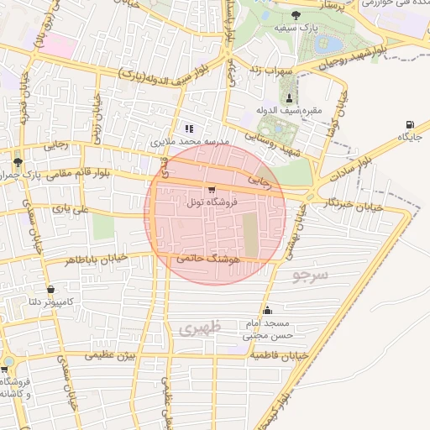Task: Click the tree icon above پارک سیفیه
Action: [295, 15]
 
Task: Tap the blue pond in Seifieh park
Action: [333, 42]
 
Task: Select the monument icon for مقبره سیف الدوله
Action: [290, 98]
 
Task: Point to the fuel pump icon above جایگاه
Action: [410, 124]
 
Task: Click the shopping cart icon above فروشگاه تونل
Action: [211, 190]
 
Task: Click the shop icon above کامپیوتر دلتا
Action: [51, 289]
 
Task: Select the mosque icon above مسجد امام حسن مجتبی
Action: [267, 311]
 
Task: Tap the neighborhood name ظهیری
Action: [199, 328]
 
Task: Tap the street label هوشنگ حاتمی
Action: [209, 261]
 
